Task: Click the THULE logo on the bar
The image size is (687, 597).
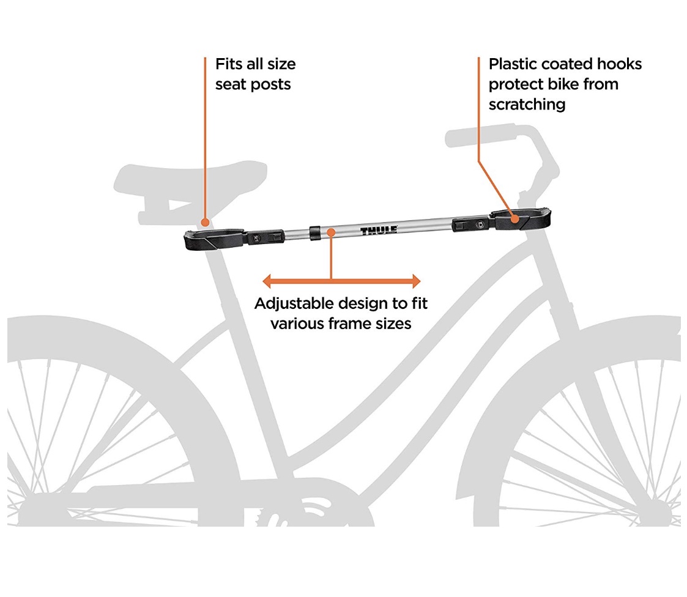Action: point(379,231)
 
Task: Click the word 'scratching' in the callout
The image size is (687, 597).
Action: point(527,105)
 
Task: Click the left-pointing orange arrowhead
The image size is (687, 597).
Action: point(267,281)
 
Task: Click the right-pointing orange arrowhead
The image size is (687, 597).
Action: point(416,281)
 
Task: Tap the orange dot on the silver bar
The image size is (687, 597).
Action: point(331,232)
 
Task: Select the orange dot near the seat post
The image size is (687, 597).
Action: point(204,223)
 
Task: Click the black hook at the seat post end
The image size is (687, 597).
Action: point(214,239)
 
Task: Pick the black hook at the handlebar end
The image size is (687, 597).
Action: point(521,218)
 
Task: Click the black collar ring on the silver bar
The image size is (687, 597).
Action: point(314,233)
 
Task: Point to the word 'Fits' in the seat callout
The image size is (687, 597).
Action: point(228,64)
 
